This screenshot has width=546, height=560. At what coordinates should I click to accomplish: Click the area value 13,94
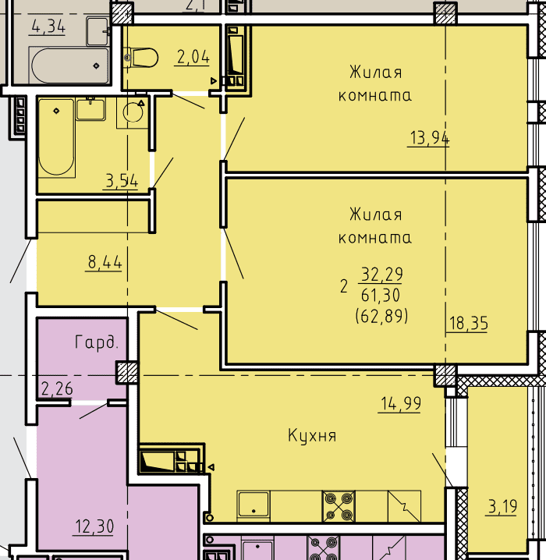click(429, 138)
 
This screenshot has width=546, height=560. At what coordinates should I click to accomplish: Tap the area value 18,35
click(468, 323)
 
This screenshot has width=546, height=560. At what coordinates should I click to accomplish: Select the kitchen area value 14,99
click(401, 403)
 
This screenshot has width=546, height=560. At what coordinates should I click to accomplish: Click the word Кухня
click(312, 436)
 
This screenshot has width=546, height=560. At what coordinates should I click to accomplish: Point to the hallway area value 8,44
click(105, 263)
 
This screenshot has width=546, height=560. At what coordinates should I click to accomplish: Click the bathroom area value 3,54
click(122, 181)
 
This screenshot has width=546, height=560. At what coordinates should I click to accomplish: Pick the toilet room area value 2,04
click(193, 57)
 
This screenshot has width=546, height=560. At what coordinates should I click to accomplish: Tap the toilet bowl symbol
click(141, 58)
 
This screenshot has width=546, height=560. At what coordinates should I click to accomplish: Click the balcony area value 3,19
click(502, 506)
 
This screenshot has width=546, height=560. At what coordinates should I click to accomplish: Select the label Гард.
click(97, 342)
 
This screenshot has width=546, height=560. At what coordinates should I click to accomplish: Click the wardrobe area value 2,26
click(57, 388)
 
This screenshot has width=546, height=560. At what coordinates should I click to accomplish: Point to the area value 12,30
click(94, 526)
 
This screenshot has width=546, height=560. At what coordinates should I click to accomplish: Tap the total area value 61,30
click(381, 296)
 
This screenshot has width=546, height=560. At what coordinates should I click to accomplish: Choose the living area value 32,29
click(381, 275)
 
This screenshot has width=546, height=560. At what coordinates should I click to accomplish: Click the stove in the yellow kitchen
click(339, 506)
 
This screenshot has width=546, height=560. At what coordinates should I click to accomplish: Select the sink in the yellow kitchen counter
click(253, 504)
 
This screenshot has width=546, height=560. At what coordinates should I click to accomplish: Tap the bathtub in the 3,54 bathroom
click(56, 138)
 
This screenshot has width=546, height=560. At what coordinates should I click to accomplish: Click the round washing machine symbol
click(133, 112)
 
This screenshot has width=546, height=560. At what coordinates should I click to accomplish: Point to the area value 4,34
click(48, 27)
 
